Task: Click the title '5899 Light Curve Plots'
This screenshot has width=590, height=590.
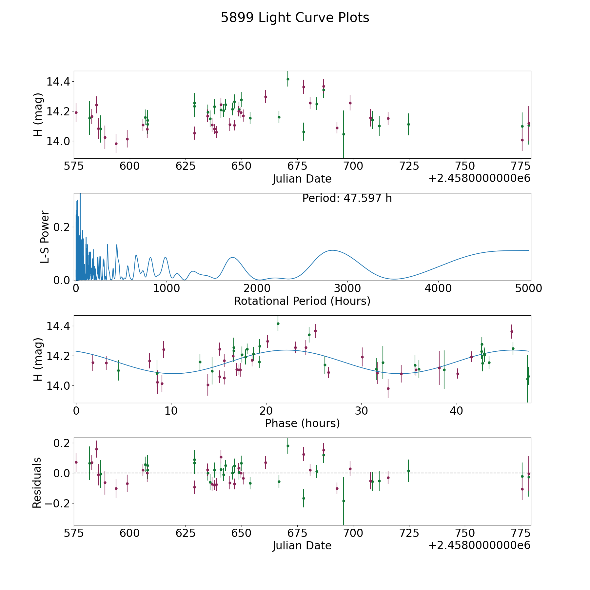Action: tap(295, 18)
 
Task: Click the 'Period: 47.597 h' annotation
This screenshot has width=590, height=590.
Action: tap(347, 198)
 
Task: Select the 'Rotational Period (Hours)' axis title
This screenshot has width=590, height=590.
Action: tap(302, 301)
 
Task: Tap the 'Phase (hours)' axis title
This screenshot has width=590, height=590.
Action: tap(302, 423)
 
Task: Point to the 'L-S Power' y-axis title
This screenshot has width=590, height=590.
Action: tap(45, 237)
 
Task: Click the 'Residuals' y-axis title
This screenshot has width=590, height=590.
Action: tap(37, 482)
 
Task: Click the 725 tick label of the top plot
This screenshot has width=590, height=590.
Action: tap(409, 166)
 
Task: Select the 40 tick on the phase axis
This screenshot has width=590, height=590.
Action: tap(456, 411)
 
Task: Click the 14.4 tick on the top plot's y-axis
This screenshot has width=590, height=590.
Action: tap(58, 81)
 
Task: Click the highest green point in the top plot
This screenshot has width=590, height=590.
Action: tap(288, 79)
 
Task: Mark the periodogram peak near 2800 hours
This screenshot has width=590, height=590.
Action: tap(332, 250)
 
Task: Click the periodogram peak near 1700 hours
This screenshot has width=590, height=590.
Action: tap(232, 257)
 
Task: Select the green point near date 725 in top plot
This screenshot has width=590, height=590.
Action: tap(408, 124)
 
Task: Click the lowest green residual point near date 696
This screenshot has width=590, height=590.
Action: tap(344, 501)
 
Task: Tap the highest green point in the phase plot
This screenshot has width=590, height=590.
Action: tap(278, 324)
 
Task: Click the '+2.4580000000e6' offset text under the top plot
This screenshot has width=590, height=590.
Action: tap(479, 179)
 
